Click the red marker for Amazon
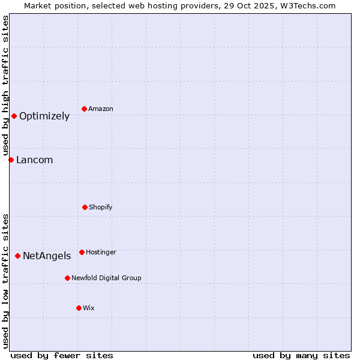85,109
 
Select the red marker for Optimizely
14,116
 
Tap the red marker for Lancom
11,160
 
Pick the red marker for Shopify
85,207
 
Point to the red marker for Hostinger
82,252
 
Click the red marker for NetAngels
17,256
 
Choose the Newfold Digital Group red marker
67,278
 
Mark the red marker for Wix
79,308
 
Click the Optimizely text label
44,116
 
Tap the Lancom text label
34,160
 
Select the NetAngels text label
47,256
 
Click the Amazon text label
101,109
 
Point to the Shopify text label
101,208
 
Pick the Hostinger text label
101,253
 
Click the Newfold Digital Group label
106,278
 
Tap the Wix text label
89,308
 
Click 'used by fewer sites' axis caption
62,355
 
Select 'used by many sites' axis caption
301,355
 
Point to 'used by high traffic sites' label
5,86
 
